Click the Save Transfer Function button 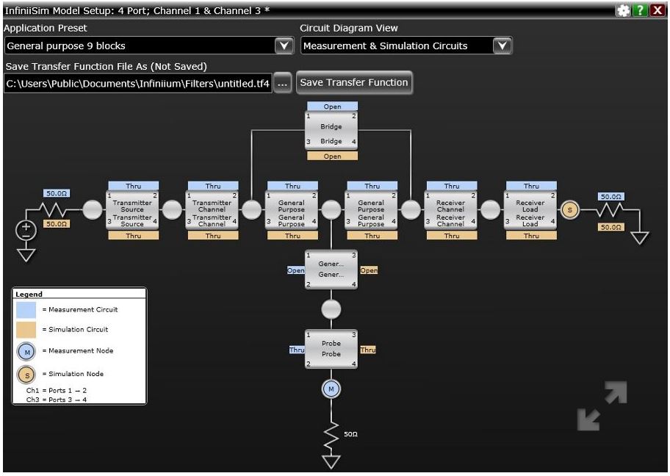point(353,83)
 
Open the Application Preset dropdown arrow point(284,46)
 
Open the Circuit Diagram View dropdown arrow point(502,46)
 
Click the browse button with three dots point(283,84)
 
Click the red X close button point(657,10)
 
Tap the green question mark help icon point(641,10)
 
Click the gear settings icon point(624,10)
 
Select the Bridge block point(331,133)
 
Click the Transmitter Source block point(132,210)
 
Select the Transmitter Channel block point(212,210)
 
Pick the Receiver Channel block point(451,210)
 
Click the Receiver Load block point(530,210)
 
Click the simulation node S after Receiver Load point(570,210)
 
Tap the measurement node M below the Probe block point(331,389)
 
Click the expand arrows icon point(602,405)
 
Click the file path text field point(137,84)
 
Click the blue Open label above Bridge point(332,107)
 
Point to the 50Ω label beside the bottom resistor point(350,435)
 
